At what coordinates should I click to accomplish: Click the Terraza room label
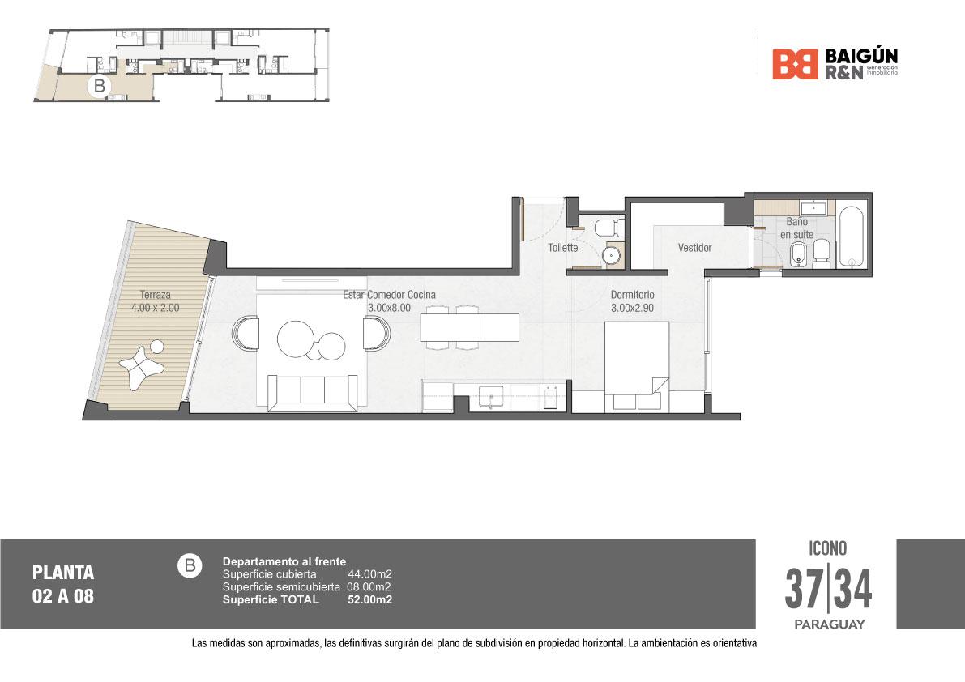coord(155,295)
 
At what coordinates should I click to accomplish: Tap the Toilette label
coord(563,248)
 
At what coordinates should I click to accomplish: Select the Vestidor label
coord(695,248)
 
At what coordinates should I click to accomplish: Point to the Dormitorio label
coord(632,295)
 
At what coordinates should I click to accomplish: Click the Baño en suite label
coord(797,228)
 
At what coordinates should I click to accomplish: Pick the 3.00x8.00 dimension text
coord(389,308)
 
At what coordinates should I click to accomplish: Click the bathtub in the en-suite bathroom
coord(851,237)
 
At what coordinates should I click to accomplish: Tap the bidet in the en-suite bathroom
coord(797,254)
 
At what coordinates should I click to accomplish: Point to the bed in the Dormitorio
coord(637,367)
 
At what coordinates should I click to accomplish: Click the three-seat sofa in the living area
coord(313,393)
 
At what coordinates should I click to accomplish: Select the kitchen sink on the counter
coord(491,397)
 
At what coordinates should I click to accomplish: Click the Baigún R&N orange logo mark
coord(795,65)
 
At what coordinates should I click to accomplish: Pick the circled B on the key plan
coord(100,86)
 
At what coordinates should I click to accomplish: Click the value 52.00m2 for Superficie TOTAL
coord(369,599)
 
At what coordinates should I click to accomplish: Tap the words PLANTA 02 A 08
coord(63,584)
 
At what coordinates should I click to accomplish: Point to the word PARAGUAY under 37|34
coord(829,624)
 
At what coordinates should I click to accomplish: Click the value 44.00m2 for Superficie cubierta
coord(369,573)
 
